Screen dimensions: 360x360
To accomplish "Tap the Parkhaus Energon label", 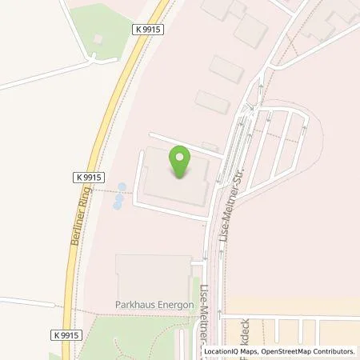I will click(152, 305).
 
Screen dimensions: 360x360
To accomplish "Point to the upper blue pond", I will click(122, 188).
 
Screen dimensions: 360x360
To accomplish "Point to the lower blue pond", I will click(117, 204).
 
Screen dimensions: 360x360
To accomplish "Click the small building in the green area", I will click(98, 38).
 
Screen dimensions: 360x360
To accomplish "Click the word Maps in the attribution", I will click(244, 350).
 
